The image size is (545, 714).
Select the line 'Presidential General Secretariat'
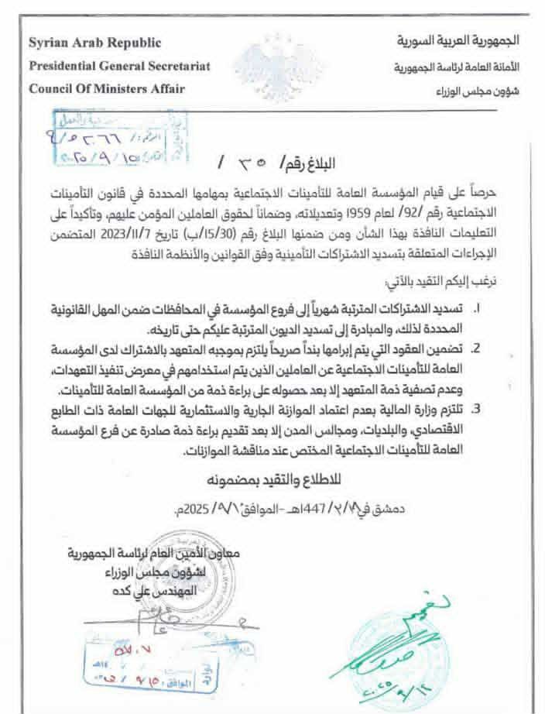pos(119,66)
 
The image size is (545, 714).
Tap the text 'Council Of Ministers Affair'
pos(107,88)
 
